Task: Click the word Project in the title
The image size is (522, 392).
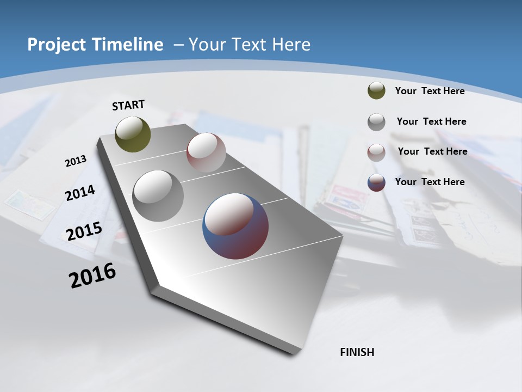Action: coord(53,45)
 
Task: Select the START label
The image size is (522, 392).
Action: coord(128,105)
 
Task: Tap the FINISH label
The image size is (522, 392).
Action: coord(357,352)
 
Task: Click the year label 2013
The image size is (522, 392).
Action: coord(76,161)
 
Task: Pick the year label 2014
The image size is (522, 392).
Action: coord(80,193)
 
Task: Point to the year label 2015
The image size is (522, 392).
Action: coord(84,231)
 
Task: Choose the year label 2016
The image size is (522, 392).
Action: coord(92,275)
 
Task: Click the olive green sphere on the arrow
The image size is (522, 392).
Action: coord(133,134)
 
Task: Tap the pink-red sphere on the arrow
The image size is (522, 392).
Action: coord(206,152)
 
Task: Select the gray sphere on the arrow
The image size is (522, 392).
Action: coord(158,195)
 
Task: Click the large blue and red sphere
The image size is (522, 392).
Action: coord(235,225)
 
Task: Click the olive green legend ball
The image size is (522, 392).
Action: coord(376,90)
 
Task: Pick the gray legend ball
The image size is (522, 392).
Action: coord(376,121)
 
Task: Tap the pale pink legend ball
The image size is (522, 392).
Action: coord(376,152)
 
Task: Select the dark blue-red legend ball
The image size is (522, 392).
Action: coord(376,182)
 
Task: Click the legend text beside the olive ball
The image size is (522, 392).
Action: coord(430,91)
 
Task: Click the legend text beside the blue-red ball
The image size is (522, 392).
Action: coord(430,182)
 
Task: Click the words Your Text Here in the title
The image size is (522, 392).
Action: coord(249,45)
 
